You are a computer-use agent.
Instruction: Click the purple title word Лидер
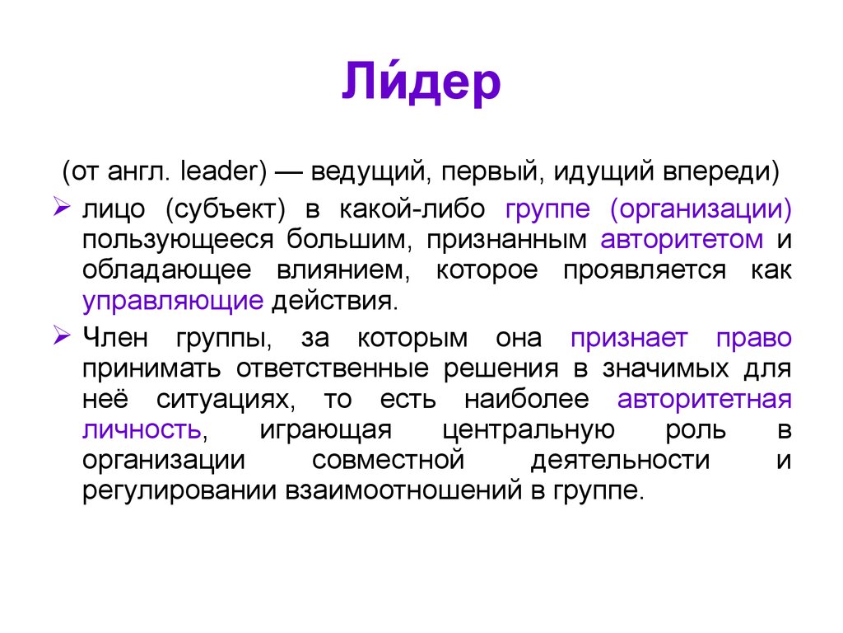click(421, 82)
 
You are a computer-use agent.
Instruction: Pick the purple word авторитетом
click(682, 240)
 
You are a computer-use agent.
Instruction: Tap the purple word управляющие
click(172, 301)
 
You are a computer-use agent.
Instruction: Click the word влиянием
click(356, 270)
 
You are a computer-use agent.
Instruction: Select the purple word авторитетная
click(704, 399)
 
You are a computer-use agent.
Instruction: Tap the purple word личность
click(141, 429)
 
